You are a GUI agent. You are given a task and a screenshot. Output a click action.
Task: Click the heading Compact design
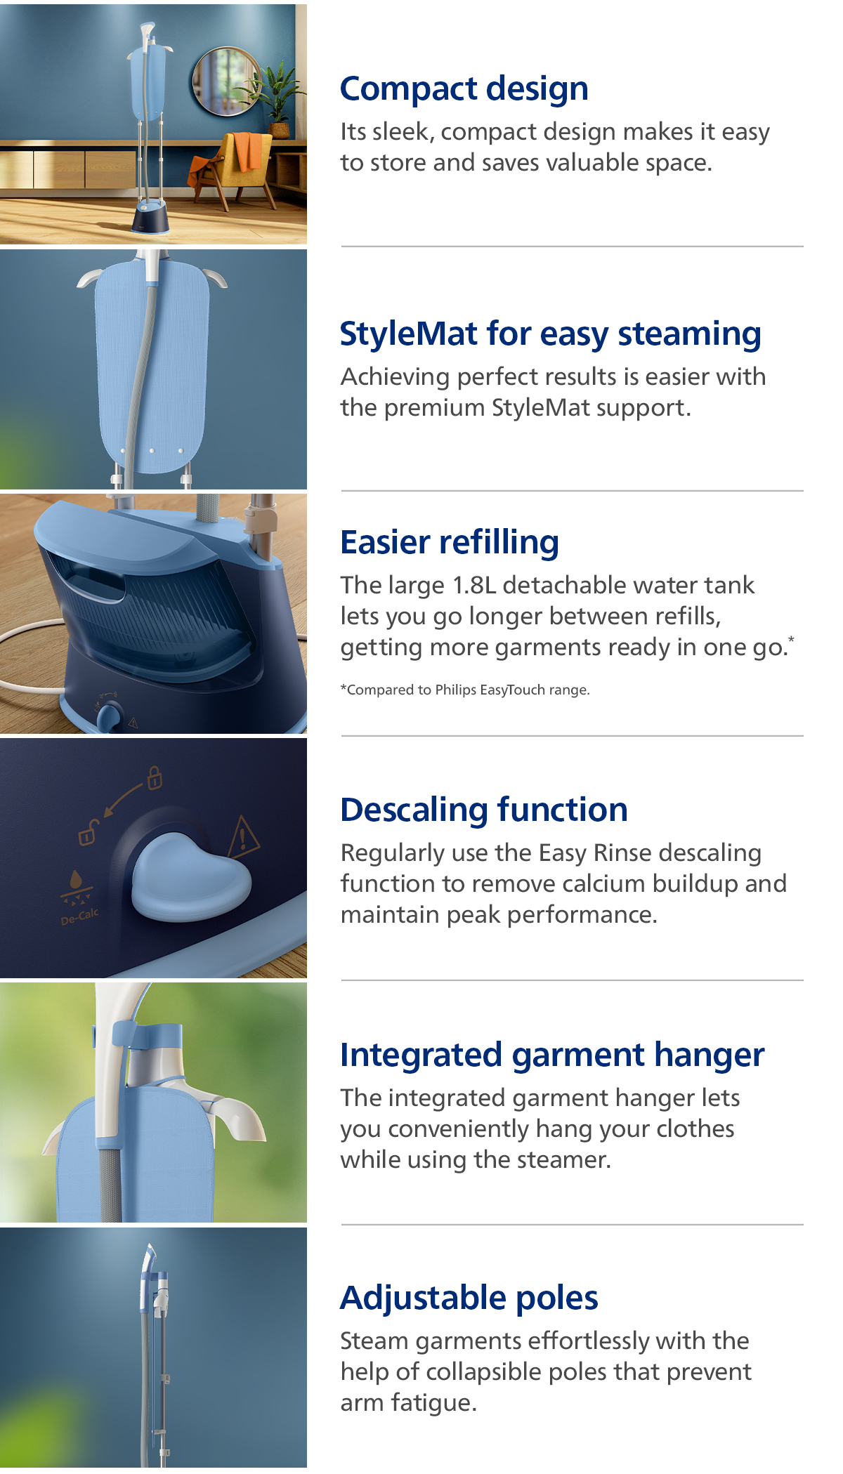coord(464,89)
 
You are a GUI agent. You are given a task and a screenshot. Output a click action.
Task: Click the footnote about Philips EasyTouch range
coord(465,690)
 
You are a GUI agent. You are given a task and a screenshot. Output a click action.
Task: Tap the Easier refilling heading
coord(450,543)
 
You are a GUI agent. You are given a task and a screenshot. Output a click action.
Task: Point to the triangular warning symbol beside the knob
coord(243,838)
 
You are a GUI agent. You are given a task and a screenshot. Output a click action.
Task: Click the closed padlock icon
coord(155,777)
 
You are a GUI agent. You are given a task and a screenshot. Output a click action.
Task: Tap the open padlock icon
coord(88,833)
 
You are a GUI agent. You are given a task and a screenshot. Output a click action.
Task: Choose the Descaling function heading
coord(484,810)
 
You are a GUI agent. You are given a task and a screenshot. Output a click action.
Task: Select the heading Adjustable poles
coord(469,1298)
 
